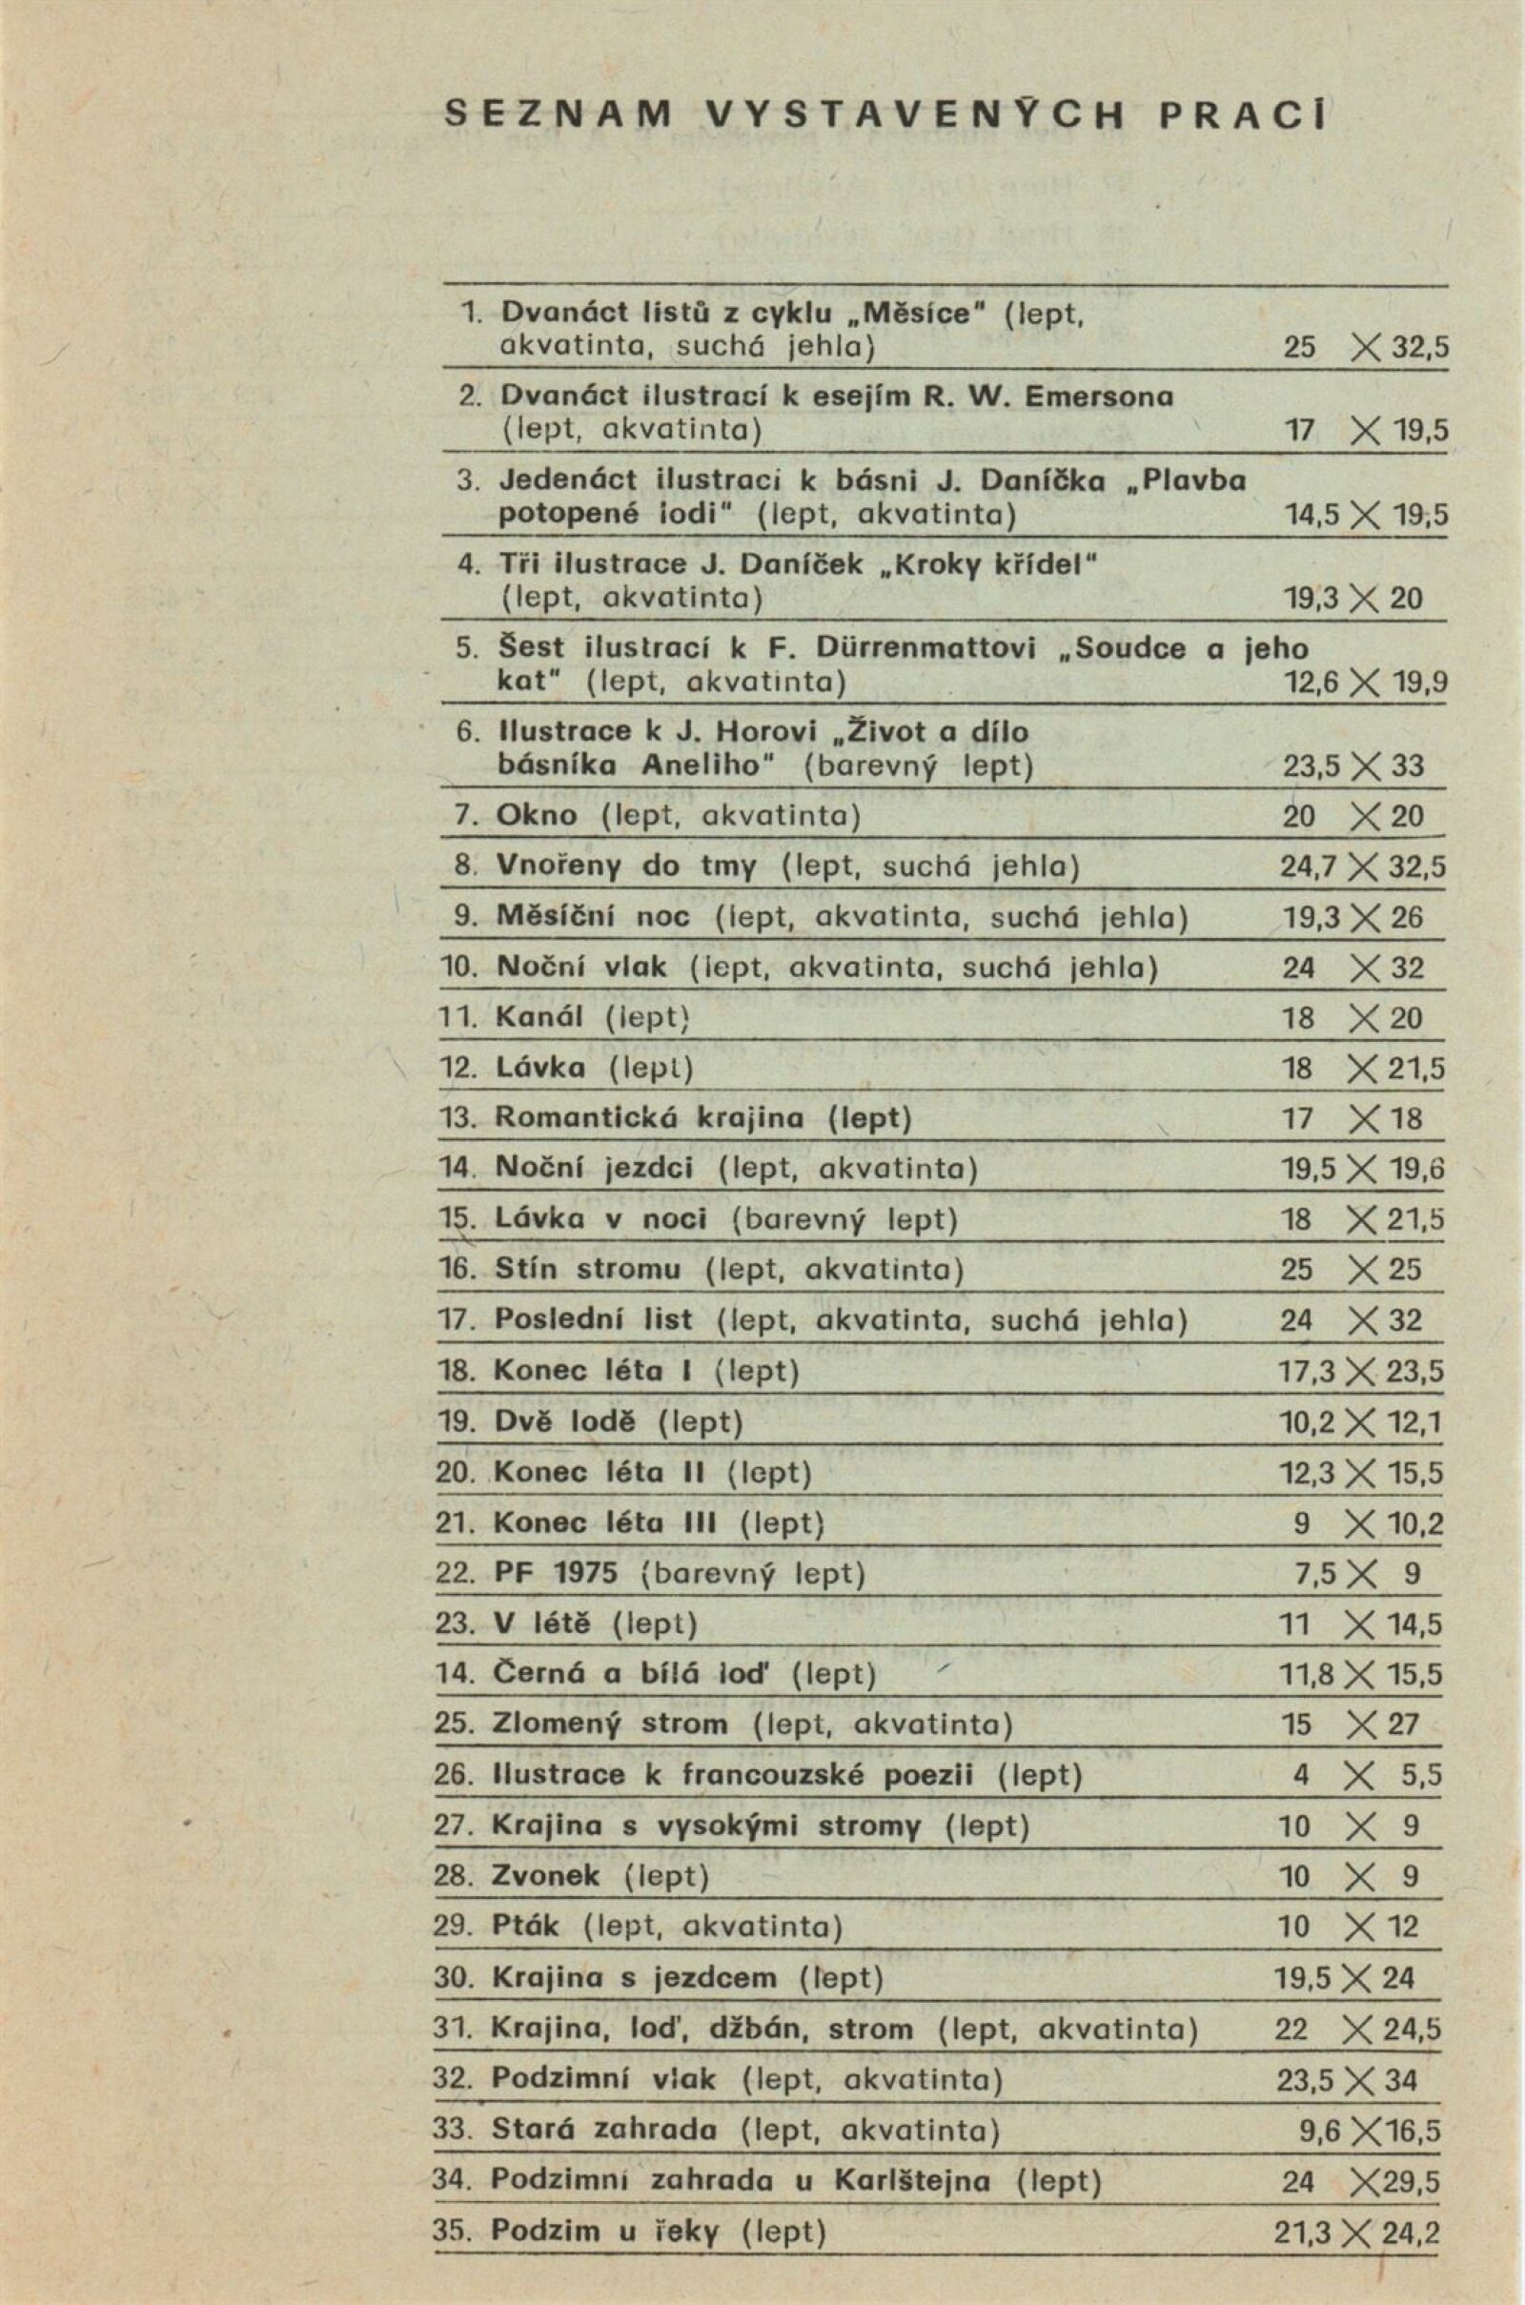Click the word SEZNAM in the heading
tap(559, 114)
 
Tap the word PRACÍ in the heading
tap(1245, 114)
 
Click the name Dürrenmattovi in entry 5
tap(925, 647)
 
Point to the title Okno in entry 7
tap(536, 815)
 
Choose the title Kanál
tap(539, 1017)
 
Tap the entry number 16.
tap(457, 1269)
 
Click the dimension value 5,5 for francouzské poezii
tap(1422, 1775)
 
